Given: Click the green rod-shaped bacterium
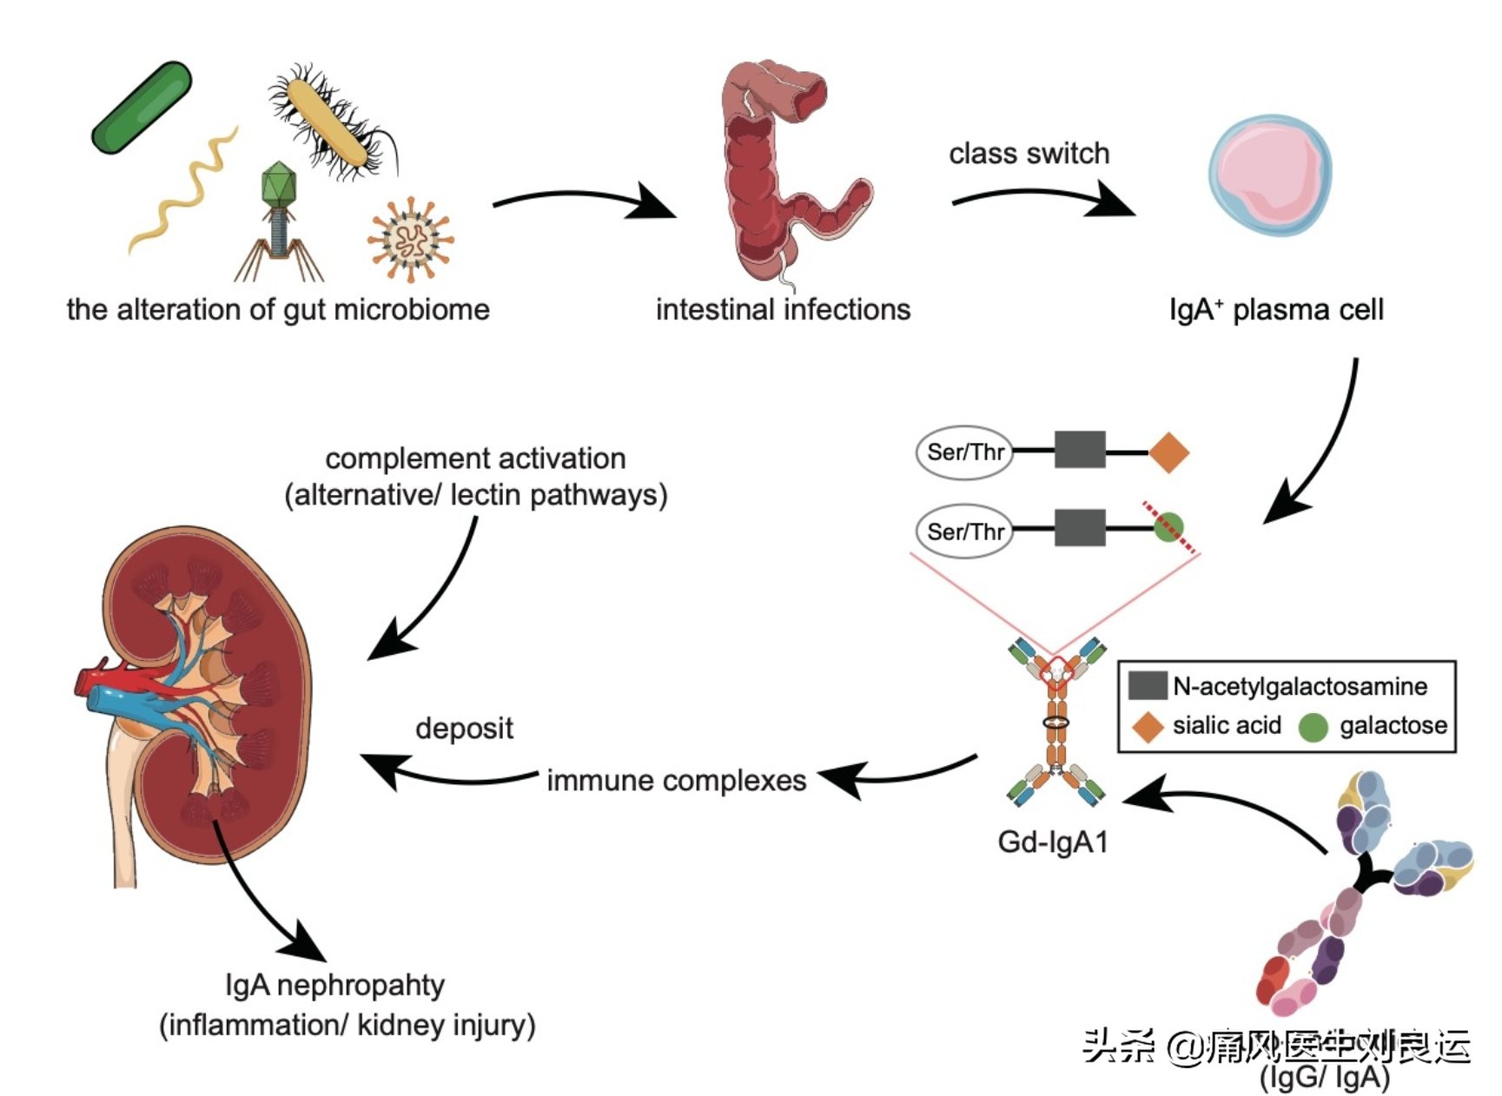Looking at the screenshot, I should tap(142, 108).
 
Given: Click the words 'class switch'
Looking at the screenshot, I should tap(1029, 154).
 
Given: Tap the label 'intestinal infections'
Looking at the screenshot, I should tap(783, 310).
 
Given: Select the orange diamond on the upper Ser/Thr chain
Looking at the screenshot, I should tap(1168, 452).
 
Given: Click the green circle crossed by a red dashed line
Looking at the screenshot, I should tap(1168, 527).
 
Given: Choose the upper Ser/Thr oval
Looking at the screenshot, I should tap(964, 452).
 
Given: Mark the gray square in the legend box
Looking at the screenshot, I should tap(1147, 686).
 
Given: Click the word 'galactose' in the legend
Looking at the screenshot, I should tap(1393, 726).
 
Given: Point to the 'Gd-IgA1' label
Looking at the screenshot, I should tap(1053, 842).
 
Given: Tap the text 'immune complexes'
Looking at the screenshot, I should tap(676, 781).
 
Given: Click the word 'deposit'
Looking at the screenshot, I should tap(464, 729).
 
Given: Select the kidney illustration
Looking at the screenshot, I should tap(200, 695).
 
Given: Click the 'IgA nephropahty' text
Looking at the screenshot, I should tap(334, 986).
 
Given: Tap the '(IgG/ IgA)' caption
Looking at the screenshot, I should tap(1324, 1078).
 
